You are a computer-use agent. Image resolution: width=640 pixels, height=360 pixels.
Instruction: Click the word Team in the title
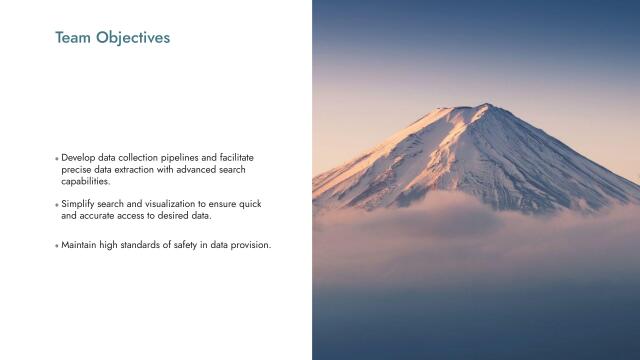pos(73,38)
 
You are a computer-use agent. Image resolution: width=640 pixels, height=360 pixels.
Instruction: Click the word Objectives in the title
pos(133,38)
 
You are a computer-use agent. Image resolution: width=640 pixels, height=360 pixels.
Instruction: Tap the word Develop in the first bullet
pos(78,158)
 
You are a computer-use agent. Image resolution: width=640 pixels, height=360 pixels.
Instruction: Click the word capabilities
pos(86,182)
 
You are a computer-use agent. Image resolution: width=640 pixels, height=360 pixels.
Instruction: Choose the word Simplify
pos(78,204)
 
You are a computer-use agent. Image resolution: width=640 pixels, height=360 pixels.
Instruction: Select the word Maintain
pos(80,245)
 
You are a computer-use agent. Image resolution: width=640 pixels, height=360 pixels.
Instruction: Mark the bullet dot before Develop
pos(56,159)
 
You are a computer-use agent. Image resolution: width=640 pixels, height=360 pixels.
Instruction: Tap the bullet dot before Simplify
pos(56,205)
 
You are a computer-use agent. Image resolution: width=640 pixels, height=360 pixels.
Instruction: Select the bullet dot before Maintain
pos(56,246)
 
